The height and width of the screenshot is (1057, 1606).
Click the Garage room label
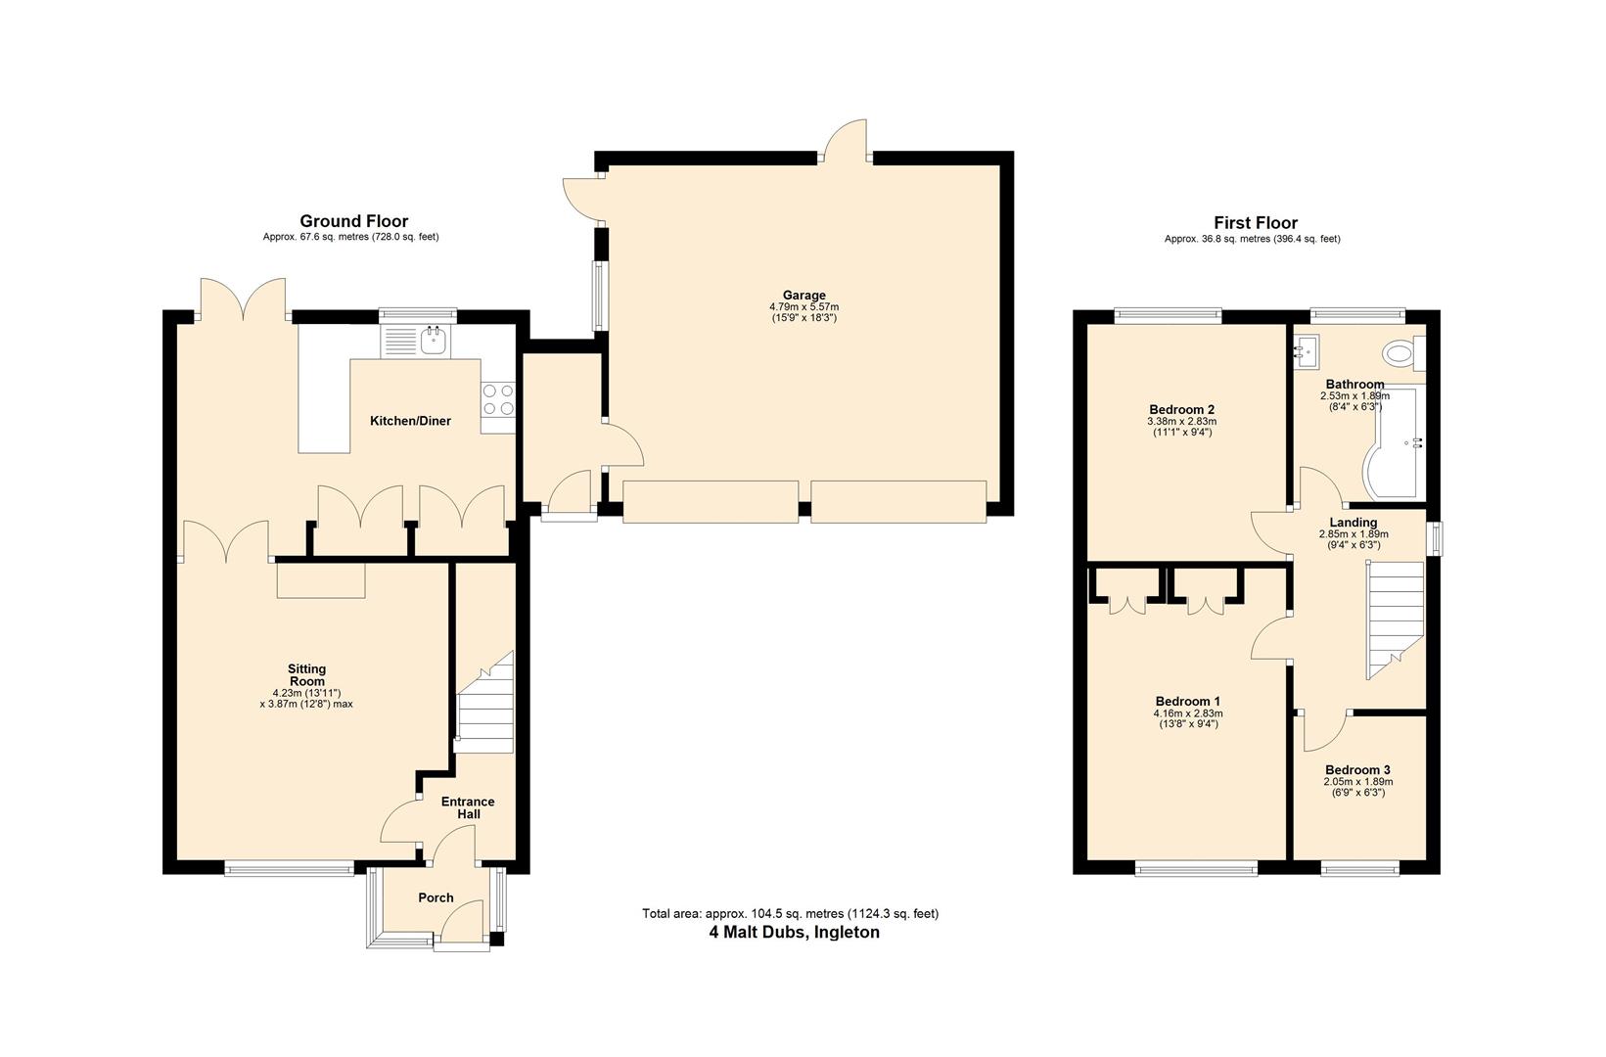click(803, 295)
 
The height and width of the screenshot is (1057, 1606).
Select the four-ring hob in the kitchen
click(498, 400)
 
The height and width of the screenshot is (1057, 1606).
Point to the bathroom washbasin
click(1306, 349)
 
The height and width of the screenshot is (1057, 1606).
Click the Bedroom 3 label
click(1357, 770)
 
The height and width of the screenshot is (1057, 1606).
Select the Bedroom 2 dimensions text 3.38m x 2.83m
click(1181, 421)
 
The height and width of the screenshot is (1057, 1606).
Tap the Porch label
click(436, 897)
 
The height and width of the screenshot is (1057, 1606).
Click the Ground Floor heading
click(353, 221)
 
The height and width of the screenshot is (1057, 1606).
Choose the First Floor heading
click(1255, 223)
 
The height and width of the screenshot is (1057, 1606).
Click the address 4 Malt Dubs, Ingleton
click(794, 933)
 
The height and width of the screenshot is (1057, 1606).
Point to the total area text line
click(790, 914)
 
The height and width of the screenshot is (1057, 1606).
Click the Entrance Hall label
click(469, 807)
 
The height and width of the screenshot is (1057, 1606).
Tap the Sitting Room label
click(306, 675)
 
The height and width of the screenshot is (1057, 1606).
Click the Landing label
click(1353, 523)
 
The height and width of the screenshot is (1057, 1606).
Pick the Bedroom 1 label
click(1187, 702)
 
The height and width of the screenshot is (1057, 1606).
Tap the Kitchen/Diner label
click(410, 421)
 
